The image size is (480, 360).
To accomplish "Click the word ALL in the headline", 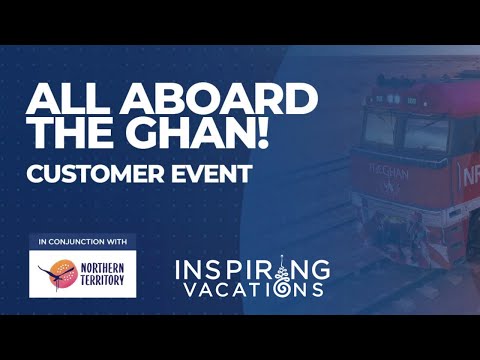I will [x=66, y=99].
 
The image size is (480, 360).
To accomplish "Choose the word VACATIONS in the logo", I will [x=251, y=289].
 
